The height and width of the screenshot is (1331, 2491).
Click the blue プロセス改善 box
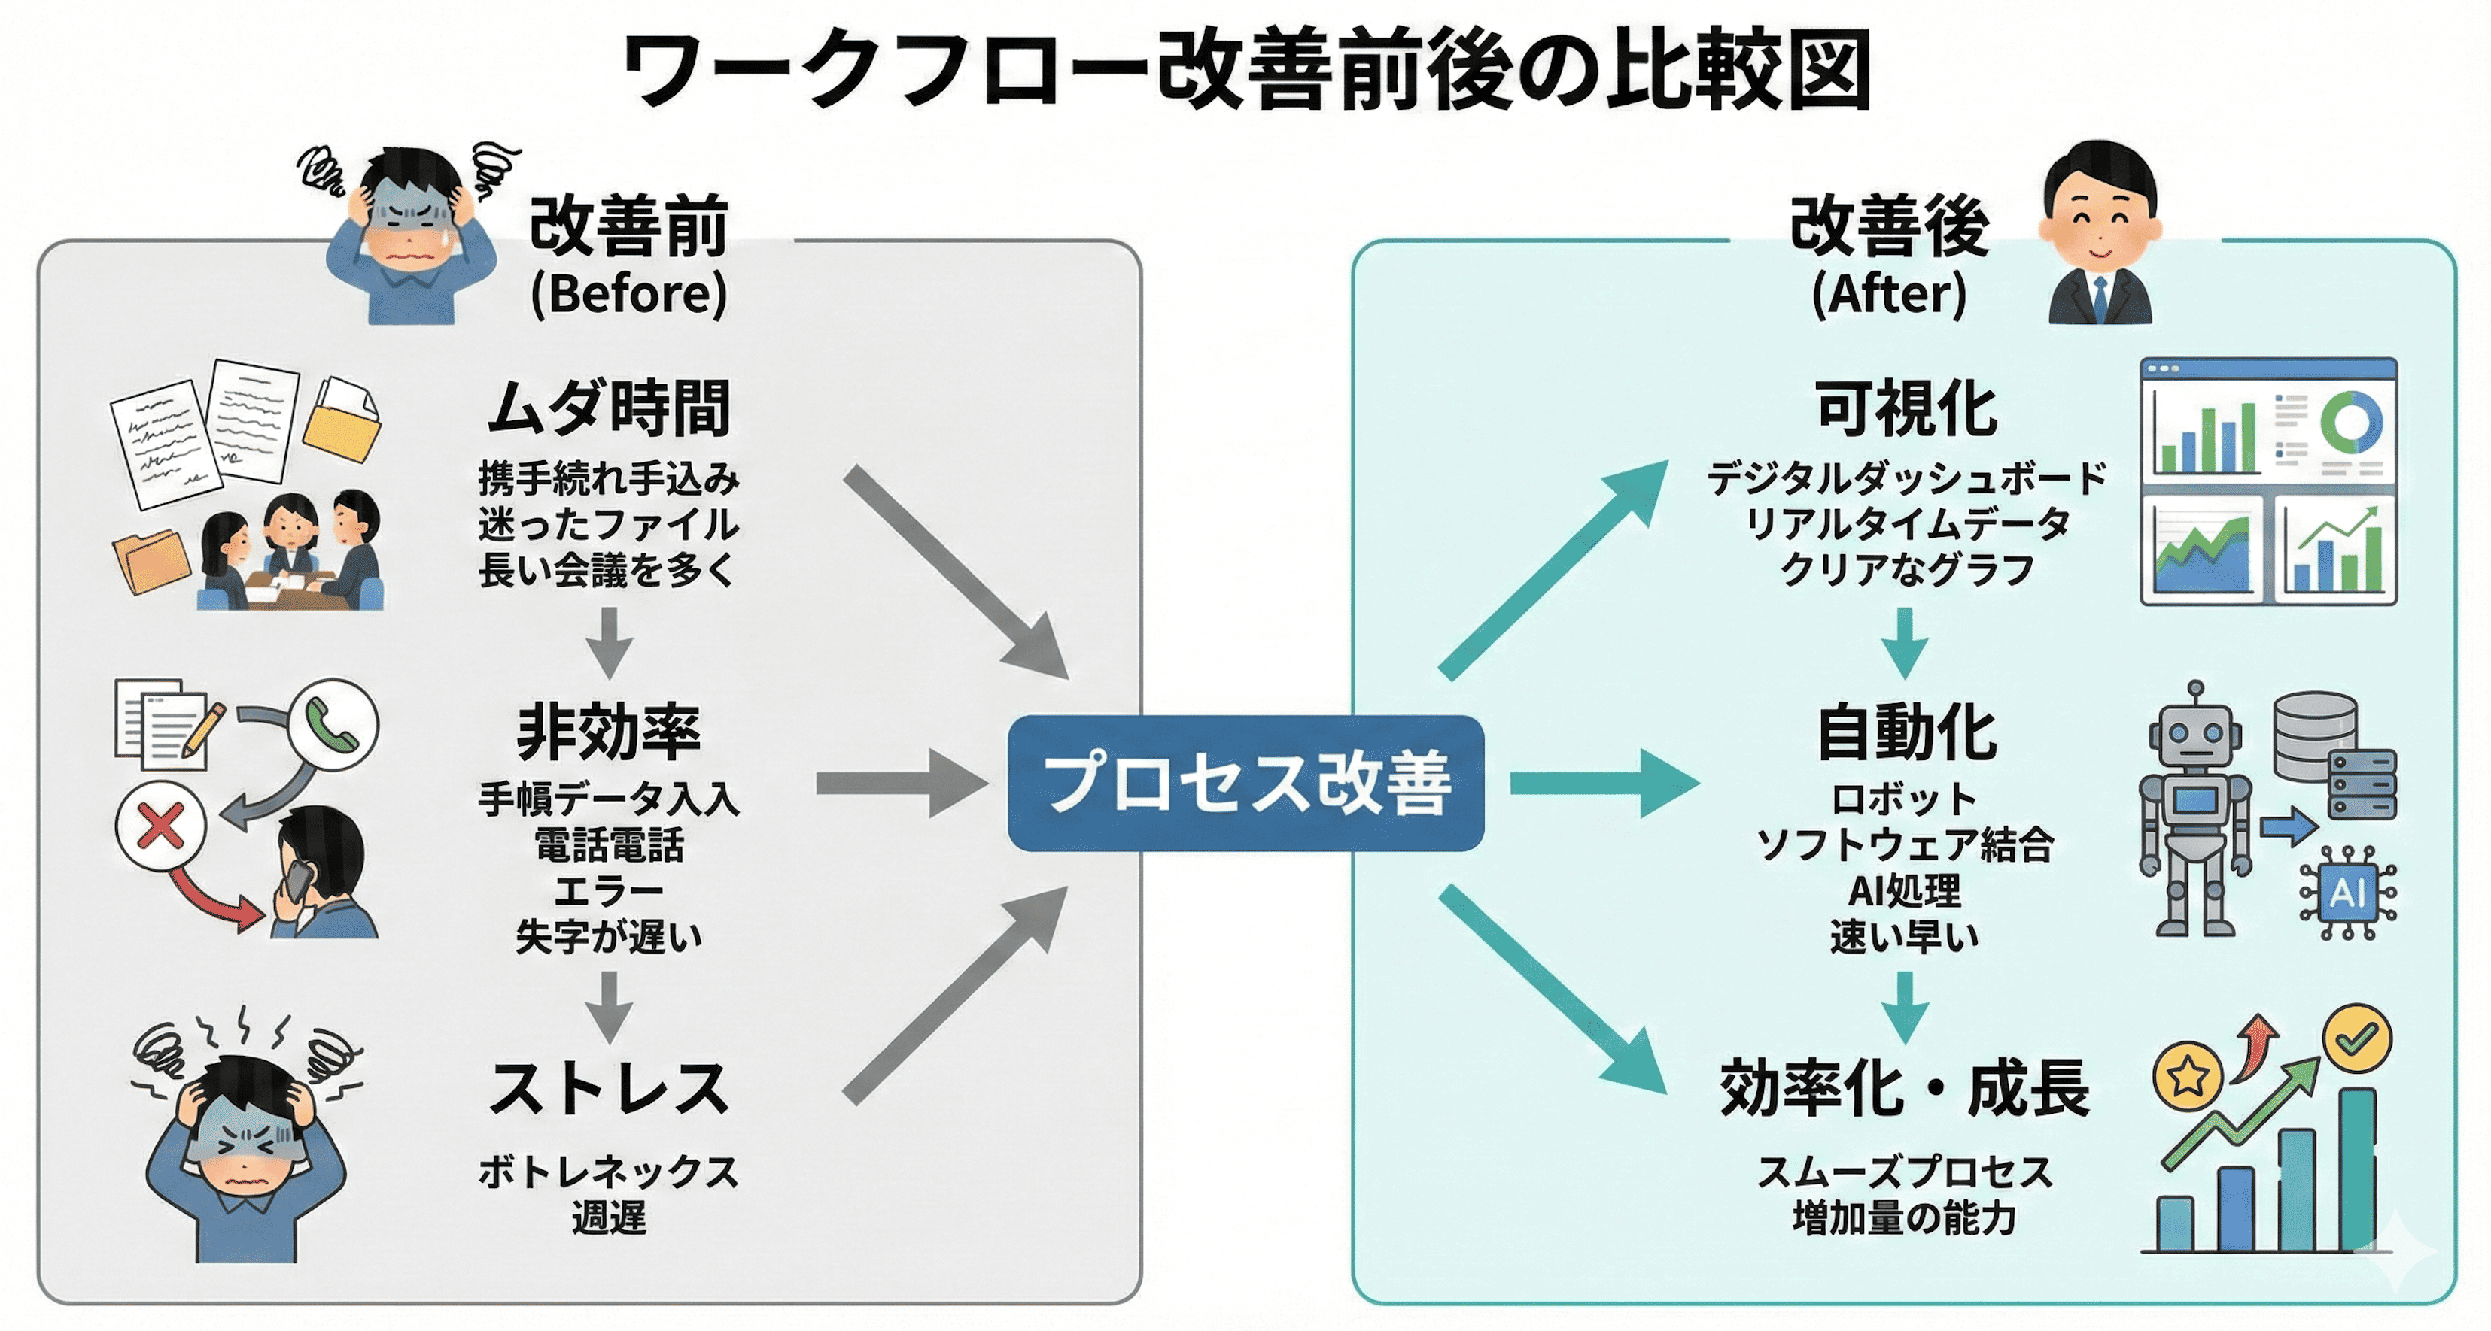pyautogui.click(x=1245, y=783)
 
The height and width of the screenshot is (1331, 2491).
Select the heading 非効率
pyautogui.click(x=608, y=732)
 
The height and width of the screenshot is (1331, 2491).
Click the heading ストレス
pyautogui.click(x=608, y=1090)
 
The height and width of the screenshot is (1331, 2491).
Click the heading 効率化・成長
pyautogui.click(x=1904, y=1090)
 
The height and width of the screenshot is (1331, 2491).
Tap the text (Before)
pyautogui.click(x=628, y=293)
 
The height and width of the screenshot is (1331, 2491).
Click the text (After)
pyautogui.click(x=1888, y=293)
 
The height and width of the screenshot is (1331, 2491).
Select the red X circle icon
pyautogui.click(x=160, y=827)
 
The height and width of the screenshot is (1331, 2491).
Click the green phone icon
pyautogui.click(x=333, y=725)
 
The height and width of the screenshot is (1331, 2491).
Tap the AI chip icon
pyautogui.click(x=2348, y=892)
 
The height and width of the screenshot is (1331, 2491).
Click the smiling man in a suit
pyautogui.click(x=2098, y=237)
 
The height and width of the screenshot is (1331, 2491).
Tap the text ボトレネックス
pyautogui.click(x=608, y=1172)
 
